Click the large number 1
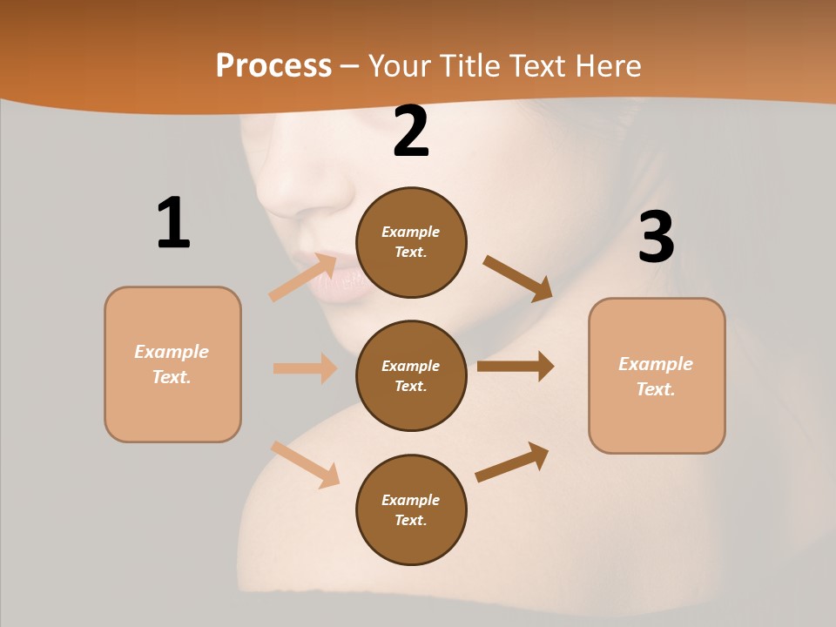tap(173, 224)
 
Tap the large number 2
tap(411, 132)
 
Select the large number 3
tap(656, 237)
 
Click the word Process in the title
tap(273, 65)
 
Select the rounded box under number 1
tap(172, 364)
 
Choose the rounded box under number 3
tap(657, 375)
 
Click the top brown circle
tap(411, 242)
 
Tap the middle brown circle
tap(411, 375)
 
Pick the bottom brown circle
tap(411, 509)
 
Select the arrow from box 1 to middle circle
tap(305, 368)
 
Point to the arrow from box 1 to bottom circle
tap(306, 464)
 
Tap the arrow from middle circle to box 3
tap(516, 366)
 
